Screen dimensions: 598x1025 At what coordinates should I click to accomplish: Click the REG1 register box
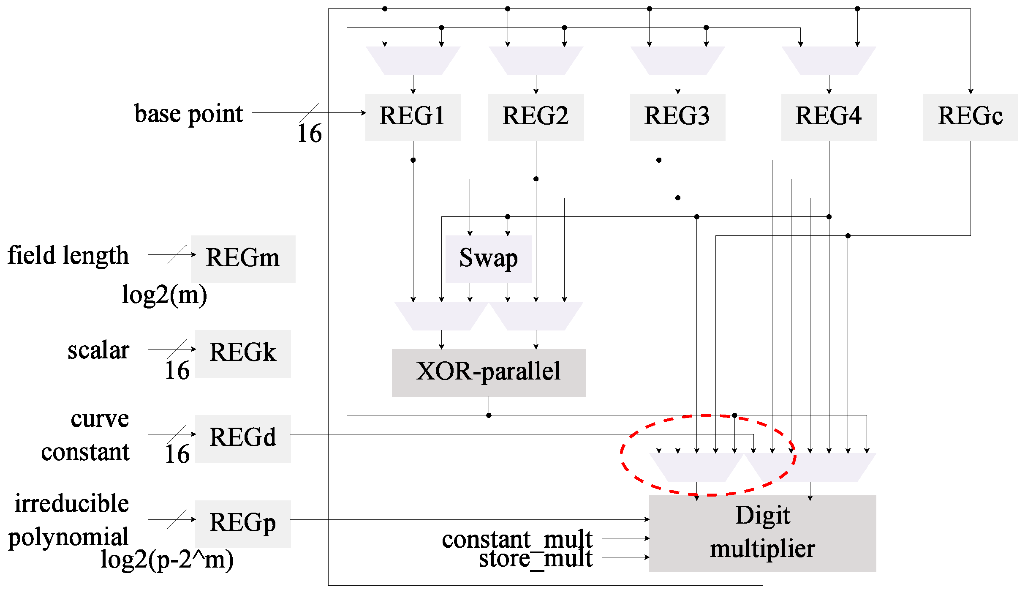413,117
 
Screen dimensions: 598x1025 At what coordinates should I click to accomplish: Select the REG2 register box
536,117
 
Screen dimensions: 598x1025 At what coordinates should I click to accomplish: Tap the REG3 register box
677,117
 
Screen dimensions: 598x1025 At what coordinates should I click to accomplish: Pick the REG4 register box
829,117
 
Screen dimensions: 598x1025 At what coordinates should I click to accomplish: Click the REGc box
970,117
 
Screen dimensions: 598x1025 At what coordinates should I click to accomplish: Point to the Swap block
489,259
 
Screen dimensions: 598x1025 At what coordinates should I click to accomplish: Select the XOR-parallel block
489,372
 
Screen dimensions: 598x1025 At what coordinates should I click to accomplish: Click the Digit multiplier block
762,533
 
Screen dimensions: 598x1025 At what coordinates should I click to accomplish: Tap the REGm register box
243,259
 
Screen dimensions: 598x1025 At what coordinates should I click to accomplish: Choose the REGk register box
243,353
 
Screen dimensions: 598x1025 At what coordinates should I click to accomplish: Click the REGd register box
243,438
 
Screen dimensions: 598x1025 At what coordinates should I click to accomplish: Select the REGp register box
243,524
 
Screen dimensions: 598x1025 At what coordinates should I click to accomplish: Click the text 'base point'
188,114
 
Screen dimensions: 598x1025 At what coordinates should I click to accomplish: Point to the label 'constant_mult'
517,539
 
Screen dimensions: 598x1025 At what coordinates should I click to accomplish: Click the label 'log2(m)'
164,295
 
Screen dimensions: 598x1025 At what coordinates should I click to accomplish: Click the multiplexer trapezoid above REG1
413,61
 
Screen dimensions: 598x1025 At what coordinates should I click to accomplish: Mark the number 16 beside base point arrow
310,134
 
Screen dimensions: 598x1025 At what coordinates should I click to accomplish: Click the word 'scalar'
98,350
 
